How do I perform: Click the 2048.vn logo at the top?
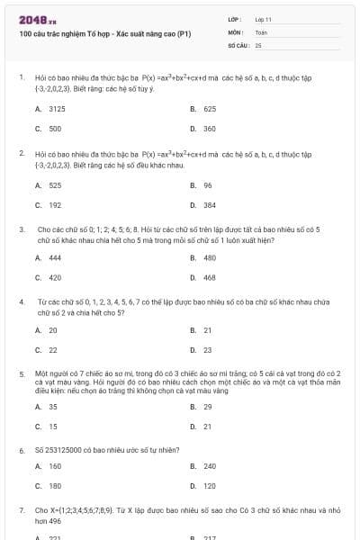click(31, 20)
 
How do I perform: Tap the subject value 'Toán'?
click(261, 31)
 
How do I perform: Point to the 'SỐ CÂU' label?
click(238, 44)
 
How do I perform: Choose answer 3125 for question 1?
click(56, 108)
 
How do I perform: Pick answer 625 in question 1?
click(210, 108)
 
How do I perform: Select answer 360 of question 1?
click(210, 129)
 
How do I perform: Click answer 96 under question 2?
click(208, 185)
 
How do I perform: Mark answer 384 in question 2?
click(210, 205)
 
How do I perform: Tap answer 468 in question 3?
click(210, 277)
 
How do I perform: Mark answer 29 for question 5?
click(208, 406)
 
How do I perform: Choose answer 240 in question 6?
click(210, 466)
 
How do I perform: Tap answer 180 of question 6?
click(55, 486)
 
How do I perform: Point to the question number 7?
click(22, 509)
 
